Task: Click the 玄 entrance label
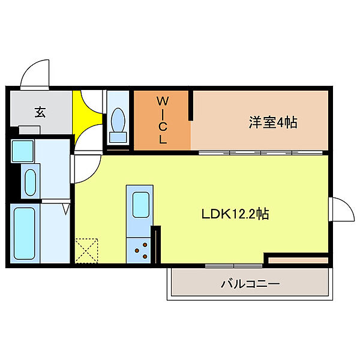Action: pos(40,112)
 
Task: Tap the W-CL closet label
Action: pos(162,120)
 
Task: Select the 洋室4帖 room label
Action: pos(273,123)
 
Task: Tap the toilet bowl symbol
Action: pos(119,122)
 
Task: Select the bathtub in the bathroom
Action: pos(25,232)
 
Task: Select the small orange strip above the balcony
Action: pos(298,260)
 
